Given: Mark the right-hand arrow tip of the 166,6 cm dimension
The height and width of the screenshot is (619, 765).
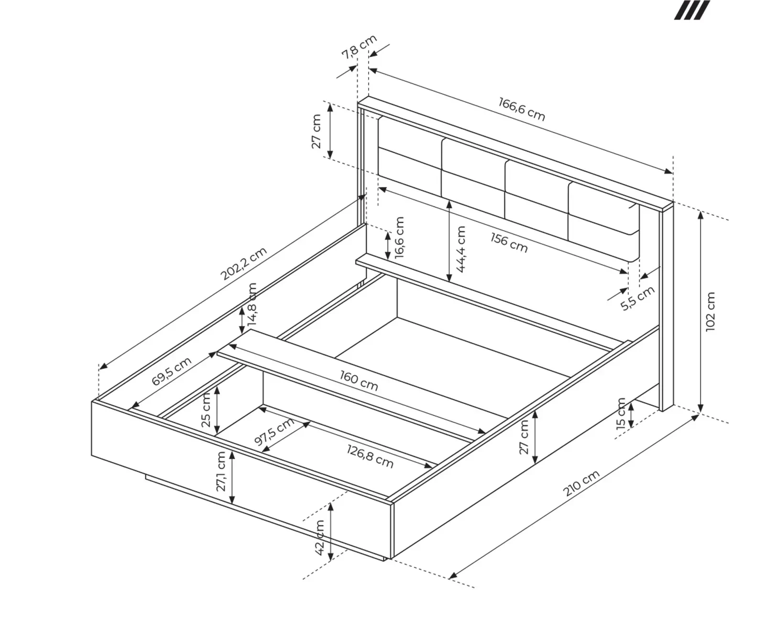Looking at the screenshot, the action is [672, 173].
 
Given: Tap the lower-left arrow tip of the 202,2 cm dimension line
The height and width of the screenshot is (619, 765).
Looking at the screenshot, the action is [99, 369].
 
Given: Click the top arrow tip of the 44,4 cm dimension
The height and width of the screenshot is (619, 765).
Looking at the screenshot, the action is [449, 201].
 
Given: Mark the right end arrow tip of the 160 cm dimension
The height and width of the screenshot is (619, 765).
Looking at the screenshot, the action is [486, 433].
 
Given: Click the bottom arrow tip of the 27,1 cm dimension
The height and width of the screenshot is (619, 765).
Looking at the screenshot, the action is [232, 504].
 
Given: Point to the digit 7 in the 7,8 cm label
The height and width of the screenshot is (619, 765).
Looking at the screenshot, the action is [346, 55].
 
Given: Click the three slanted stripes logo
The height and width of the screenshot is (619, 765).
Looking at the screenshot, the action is [692, 10].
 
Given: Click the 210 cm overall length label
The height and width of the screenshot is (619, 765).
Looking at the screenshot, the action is [581, 483].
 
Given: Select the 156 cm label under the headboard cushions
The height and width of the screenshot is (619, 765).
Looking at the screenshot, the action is [509, 243].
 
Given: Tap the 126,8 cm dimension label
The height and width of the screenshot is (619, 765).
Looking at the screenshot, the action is [370, 456].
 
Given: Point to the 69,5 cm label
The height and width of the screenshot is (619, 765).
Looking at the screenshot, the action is [172, 371].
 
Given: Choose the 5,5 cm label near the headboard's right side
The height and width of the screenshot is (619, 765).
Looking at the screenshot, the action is [638, 298].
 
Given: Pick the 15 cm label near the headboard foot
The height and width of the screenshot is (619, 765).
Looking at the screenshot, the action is [621, 414].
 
